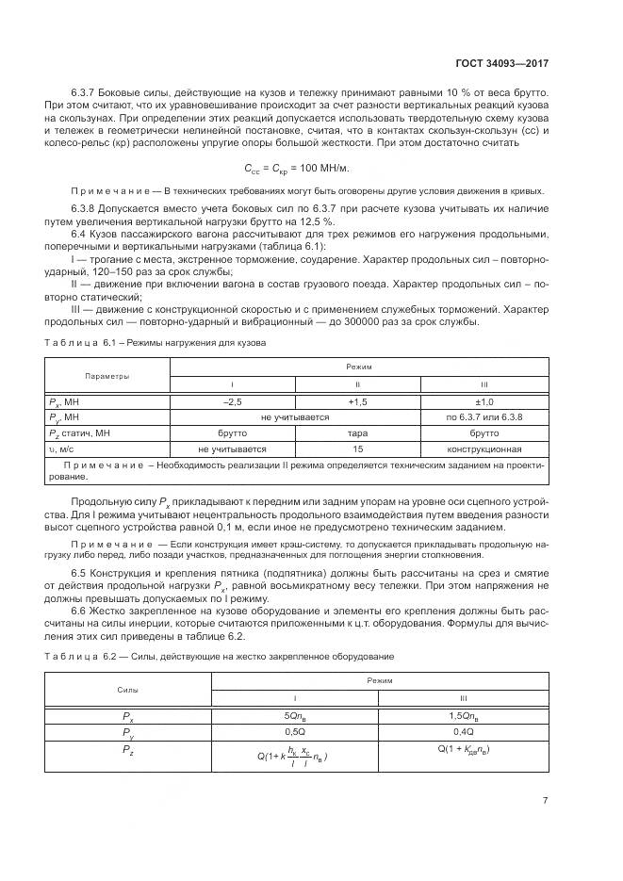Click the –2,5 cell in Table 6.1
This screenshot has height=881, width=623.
(233, 401)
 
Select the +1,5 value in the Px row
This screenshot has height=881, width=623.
(358, 401)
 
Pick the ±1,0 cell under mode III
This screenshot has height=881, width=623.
(484, 401)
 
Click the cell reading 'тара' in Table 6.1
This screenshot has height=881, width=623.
(358, 433)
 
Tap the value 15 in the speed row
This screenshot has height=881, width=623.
(358, 449)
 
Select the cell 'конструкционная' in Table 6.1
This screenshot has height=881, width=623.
(484, 449)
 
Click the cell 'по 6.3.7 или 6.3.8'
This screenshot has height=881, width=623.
(484, 417)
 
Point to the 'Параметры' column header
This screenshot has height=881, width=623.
(107, 376)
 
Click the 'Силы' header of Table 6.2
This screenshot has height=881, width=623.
(128, 691)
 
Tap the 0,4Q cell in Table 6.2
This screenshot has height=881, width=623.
(463, 731)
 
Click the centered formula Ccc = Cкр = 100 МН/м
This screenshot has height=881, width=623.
(309, 168)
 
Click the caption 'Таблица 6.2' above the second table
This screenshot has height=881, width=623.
(78, 655)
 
